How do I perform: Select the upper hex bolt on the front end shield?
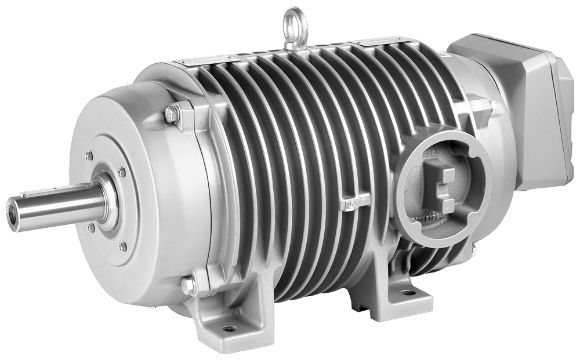coord(171,114)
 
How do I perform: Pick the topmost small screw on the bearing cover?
coord(88,156)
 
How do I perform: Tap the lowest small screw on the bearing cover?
coord(122,247)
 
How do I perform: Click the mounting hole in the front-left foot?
coord(230,329)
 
